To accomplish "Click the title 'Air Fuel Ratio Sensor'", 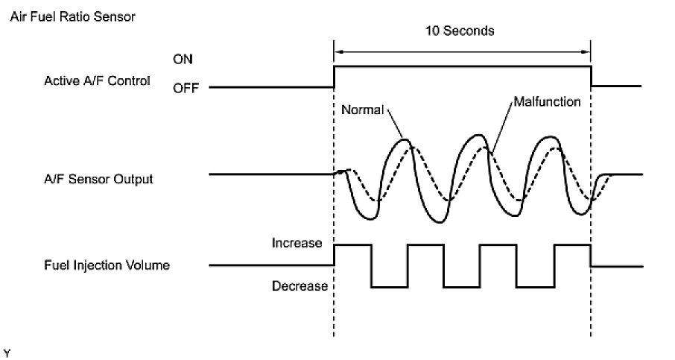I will tap(72, 16).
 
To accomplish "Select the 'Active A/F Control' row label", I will tap(97, 80).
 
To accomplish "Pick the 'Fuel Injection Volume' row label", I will tap(105, 265).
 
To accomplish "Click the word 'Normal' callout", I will tap(361, 110).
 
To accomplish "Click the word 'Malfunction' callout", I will tap(547, 101).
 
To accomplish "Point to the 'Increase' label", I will tap(296, 243).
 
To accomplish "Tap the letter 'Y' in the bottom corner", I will tap(7, 350).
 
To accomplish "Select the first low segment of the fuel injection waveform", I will tap(390, 286).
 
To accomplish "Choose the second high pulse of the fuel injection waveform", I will tap(425, 244).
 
